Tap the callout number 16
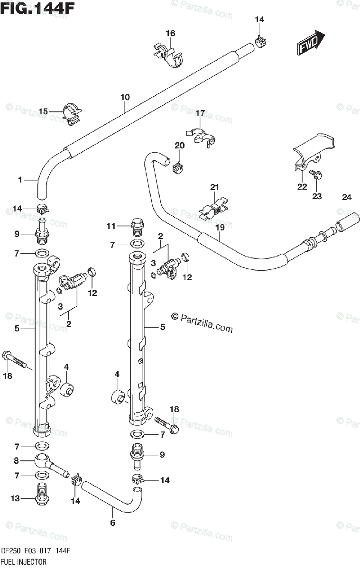170,33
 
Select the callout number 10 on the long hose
125,98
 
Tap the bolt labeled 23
315,174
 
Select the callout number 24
347,197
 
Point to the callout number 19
219,227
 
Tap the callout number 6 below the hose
112,523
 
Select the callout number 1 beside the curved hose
20,180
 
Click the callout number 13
16,498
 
